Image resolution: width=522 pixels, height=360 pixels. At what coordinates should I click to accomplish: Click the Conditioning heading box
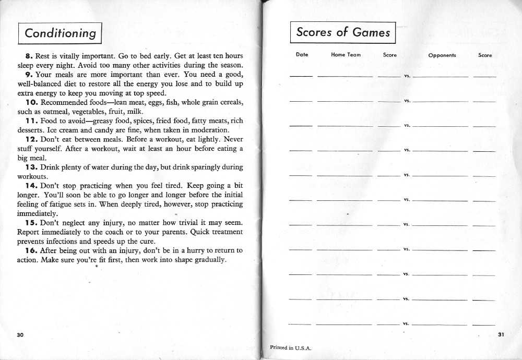coord(60,33)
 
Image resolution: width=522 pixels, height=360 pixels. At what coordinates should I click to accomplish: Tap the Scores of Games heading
coord(343,32)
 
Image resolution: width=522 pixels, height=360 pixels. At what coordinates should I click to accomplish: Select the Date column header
coord(302,54)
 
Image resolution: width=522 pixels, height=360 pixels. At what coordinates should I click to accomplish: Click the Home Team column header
coord(346,55)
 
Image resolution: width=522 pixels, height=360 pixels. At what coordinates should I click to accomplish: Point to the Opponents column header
coord(442,55)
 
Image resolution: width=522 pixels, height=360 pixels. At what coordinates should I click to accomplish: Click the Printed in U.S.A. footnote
coord(291,347)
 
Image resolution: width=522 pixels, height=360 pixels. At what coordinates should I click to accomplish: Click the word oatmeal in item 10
coord(49,112)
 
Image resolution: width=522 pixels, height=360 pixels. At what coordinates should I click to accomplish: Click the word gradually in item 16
coord(208,260)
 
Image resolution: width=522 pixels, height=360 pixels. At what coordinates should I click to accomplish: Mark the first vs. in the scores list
coord(407,76)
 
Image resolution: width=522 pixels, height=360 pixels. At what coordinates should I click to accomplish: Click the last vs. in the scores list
coord(406,323)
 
